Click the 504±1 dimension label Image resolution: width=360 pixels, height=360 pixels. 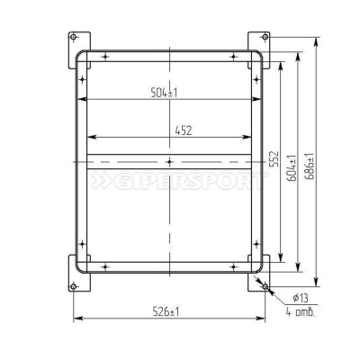164,93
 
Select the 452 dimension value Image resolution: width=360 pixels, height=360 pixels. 184,130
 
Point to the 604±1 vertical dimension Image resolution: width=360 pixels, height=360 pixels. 291,168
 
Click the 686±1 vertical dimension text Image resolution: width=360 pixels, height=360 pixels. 310,166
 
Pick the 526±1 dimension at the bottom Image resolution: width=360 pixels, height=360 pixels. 166,311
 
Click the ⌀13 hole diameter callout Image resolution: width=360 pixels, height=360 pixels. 301,298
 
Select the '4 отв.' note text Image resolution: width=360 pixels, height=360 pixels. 301,312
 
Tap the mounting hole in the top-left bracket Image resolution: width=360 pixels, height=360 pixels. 73,37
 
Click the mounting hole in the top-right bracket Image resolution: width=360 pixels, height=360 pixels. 265,37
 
